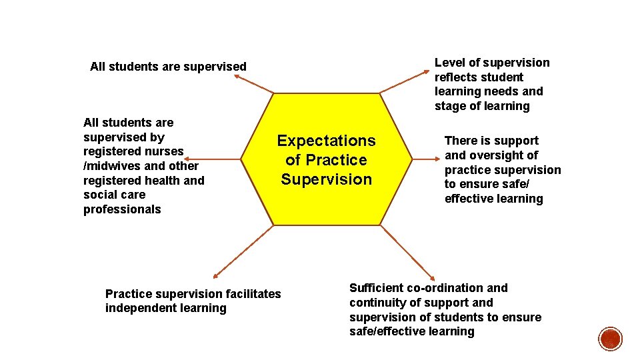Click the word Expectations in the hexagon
326,141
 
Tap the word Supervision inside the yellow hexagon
326,179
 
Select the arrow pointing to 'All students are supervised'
254,83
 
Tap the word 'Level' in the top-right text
450,63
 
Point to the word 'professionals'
122,209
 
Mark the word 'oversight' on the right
499,155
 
